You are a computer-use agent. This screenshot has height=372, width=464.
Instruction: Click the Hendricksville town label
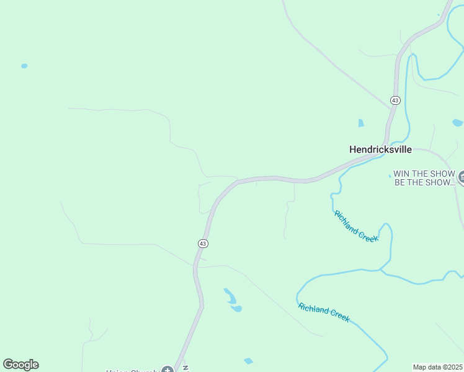380,149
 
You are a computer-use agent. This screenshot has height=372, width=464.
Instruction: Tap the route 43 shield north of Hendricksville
395,100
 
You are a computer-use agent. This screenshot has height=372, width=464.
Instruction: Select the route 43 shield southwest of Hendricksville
203,244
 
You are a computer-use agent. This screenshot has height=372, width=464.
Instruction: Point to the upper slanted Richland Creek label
356,226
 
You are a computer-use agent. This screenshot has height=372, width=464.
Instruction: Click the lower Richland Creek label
324,312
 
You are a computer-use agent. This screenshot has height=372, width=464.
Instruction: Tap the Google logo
20,365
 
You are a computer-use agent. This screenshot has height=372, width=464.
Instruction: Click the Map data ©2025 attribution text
438,367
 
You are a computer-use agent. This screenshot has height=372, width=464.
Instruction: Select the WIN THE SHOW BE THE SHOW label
424,178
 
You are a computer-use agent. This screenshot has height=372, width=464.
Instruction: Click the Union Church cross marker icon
166,370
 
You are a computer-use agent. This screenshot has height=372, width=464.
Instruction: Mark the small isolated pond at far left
24,66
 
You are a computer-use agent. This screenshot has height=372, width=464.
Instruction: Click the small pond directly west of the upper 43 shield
361,123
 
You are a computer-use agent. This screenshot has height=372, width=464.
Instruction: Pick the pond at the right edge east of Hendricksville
458,122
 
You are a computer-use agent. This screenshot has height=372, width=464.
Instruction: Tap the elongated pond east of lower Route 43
230,296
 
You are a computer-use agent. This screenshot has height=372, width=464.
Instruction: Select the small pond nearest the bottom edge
248,361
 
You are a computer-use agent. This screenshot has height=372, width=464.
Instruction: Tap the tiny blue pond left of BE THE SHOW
390,176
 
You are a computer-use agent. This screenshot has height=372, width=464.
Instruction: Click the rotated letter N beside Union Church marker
185,368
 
